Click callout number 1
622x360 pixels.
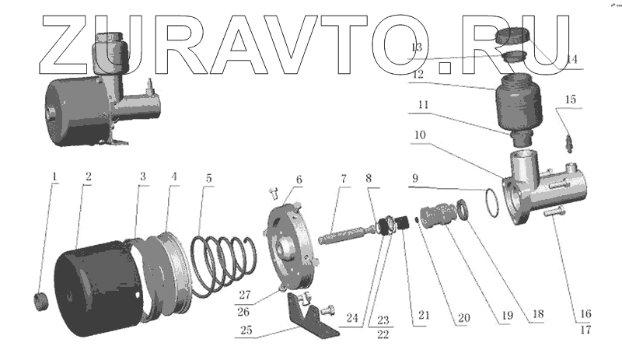[54, 177]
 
